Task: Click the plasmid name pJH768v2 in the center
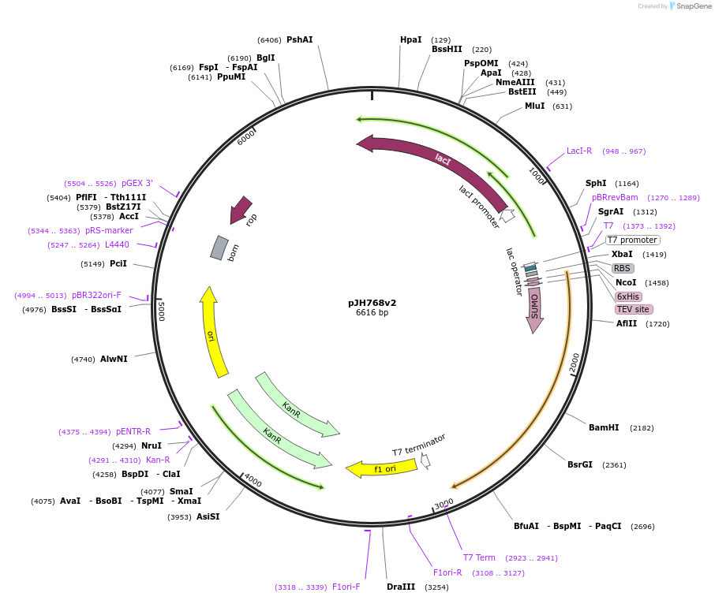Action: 372,302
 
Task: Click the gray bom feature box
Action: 219,248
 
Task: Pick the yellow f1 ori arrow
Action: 382,468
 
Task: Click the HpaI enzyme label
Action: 410,39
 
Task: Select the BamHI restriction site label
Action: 604,427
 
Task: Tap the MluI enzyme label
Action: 534,106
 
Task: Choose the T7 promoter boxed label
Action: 632,240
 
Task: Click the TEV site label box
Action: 634,309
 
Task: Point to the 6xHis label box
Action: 628,296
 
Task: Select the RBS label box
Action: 623,268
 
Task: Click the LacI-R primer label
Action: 579,151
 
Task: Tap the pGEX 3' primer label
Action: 137,183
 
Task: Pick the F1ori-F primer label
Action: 346,587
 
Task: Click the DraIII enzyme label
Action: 401,587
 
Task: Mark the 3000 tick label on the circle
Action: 444,503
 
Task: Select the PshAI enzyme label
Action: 300,39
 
